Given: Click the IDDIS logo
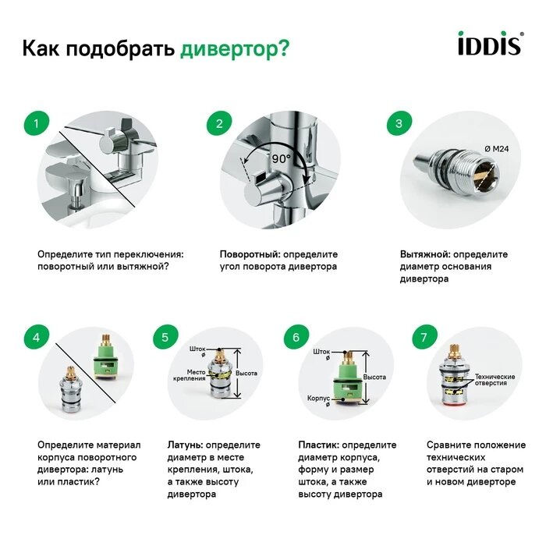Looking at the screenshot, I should pyautogui.click(x=488, y=45).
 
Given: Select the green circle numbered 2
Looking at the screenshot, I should pyautogui.click(x=219, y=123).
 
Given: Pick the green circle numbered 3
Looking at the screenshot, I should pyautogui.click(x=399, y=123).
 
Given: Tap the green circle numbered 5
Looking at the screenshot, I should pyautogui.click(x=165, y=338).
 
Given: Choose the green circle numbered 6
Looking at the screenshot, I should pyautogui.click(x=296, y=338).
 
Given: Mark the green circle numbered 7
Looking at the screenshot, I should pyautogui.click(x=424, y=338).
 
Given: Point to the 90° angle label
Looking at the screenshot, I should pyautogui.click(x=281, y=158).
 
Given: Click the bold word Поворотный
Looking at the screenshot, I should pyautogui.click(x=249, y=254).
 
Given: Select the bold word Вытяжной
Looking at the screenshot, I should pyautogui.click(x=425, y=254).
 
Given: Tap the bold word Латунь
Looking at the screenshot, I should pyautogui.click(x=185, y=445).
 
